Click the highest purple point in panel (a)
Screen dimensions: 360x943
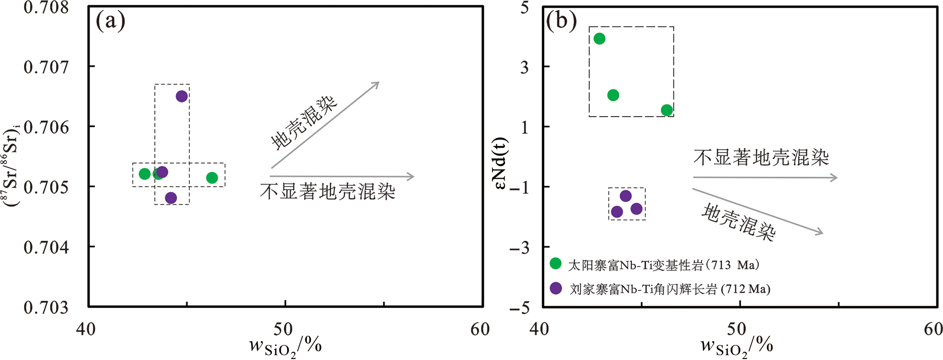pos(181,96)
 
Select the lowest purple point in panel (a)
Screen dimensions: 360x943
pos(171,198)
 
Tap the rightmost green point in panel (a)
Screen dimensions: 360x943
pos(212,178)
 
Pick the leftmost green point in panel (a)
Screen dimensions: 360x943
pos(145,174)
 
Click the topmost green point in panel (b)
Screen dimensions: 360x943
pos(599,39)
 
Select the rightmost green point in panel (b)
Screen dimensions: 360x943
pos(667,110)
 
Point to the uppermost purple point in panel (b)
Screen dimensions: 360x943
pos(626,196)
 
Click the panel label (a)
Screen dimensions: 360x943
pos(110,21)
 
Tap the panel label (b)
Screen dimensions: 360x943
pos(561,21)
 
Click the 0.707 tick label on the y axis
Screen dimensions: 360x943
pos(46,67)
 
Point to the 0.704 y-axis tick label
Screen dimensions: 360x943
pos(46,247)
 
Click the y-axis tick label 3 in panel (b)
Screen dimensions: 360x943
pos(524,67)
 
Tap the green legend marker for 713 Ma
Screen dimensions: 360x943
pos(555,264)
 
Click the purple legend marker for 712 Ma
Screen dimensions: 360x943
pos(556,288)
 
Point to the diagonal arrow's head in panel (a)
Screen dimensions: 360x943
pos(378,83)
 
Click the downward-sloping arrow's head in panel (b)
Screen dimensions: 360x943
pos(821,234)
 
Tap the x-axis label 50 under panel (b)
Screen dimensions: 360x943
pos(736,330)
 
